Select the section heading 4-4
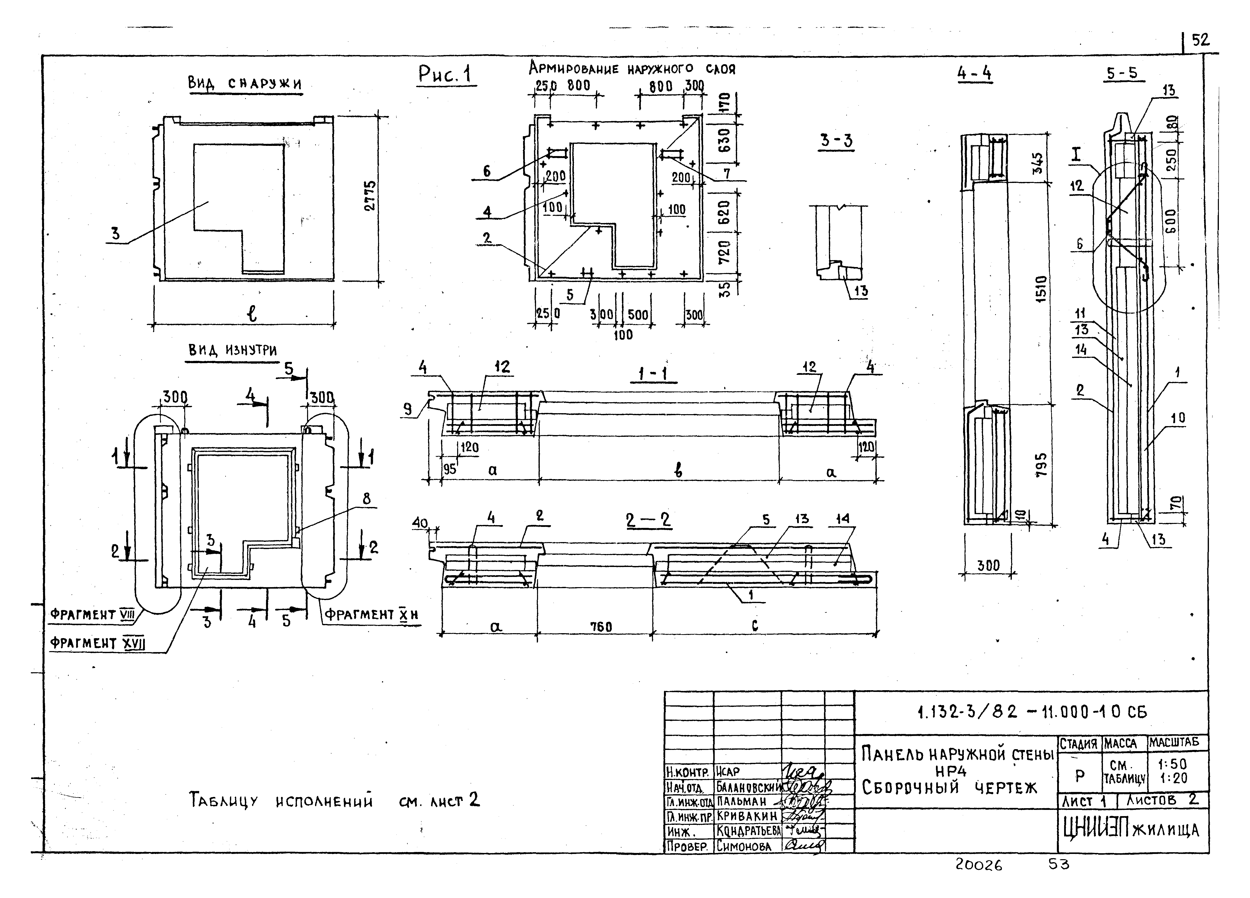coord(975,74)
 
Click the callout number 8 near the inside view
coord(367,499)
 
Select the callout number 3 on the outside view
coord(115,234)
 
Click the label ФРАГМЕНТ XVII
coord(97,643)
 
